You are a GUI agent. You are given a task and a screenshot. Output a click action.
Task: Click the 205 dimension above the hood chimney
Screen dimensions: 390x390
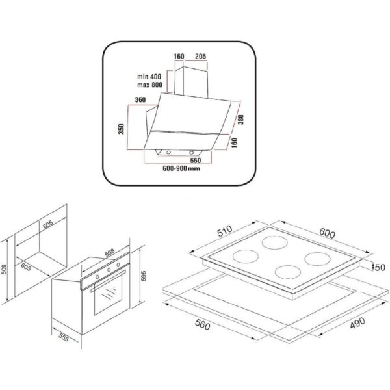click(200, 57)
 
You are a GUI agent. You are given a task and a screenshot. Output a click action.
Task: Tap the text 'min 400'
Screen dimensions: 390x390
click(149, 77)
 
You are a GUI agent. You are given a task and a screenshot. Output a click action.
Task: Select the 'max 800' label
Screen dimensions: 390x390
click(149, 84)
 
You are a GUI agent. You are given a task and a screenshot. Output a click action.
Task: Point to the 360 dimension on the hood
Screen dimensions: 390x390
click(140, 99)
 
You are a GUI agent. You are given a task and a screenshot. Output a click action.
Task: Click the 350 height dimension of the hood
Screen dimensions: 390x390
click(121, 129)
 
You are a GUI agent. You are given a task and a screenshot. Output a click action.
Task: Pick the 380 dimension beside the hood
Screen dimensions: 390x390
click(240, 120)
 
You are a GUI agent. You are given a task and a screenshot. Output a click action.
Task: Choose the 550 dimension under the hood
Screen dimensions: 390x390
click(196, 161)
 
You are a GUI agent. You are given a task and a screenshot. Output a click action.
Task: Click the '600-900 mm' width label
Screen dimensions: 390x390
click(181, 168)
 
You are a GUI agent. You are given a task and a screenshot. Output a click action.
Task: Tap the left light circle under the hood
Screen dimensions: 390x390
click(168, 152)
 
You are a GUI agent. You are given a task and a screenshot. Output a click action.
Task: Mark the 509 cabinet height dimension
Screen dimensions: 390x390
click(4, 269)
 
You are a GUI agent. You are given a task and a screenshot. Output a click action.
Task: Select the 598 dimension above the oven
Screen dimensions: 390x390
click(109, 252)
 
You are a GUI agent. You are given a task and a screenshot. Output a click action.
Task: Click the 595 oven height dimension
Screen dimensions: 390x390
click(144, 276)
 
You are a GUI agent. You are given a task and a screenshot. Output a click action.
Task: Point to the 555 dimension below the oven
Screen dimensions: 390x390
click(64, 337)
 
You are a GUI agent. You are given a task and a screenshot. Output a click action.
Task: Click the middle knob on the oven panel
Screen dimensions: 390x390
click(109, 270)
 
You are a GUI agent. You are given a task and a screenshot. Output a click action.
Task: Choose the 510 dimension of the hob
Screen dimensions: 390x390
click(225, 231)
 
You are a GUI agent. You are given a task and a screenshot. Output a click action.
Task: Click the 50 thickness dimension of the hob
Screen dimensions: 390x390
click(380, 267)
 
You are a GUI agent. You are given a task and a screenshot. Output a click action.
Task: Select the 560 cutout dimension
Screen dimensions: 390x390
click(202, 324)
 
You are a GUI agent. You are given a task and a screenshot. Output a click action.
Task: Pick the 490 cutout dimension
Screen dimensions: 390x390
click(357, 323)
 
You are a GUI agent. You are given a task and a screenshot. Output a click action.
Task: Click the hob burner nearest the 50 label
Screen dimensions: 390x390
click(317, 259)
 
